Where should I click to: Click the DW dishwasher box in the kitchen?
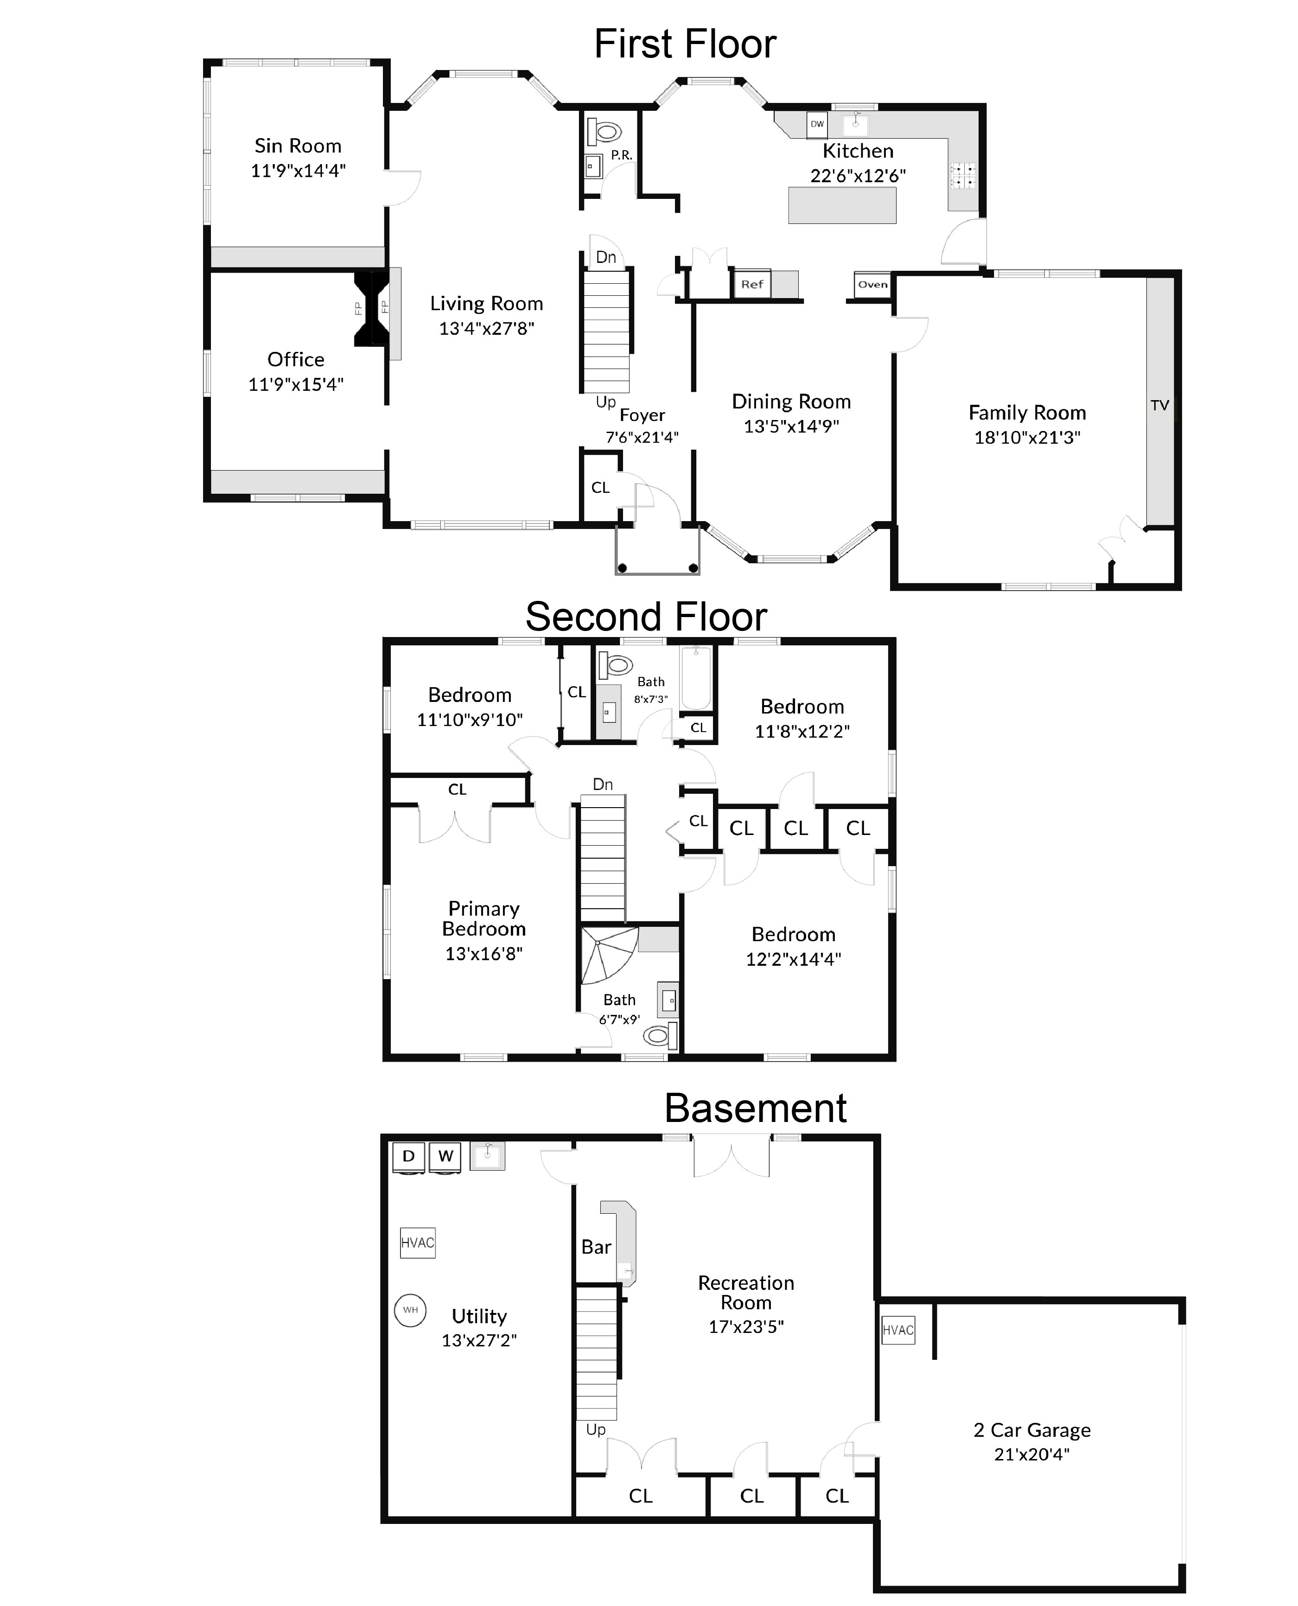pyautogui.click(x=817, y=124)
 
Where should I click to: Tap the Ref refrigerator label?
pyautogui.click(x=752, y=284)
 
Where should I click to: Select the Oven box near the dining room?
pyautogui.click(x=872, y=284)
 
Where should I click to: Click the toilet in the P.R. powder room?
pyautogui.click(x=605, y=132)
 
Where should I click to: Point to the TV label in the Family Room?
pyautogui.click(x=1160, y=405)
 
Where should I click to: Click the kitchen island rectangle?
pyautogui.click(x=842, y=205)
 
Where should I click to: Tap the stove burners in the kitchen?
pyautogui.click(x=962, y=176)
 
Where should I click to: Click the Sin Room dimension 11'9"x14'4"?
pyautogui.click(x=298, y=171)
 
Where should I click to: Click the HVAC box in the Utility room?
pyautogui.click(x=417, y=1243)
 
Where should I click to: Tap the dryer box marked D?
pyautogui.click(x=408, y=1156)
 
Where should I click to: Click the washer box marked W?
pyautogui.click(x=445, y=1156)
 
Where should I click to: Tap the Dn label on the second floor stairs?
pyautogui.click(x=603, y=784)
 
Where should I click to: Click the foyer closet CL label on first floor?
pyautogui.click(x=600, y=487)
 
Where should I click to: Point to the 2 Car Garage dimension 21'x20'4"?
pyautogui.click(x=1032, y=1454)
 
